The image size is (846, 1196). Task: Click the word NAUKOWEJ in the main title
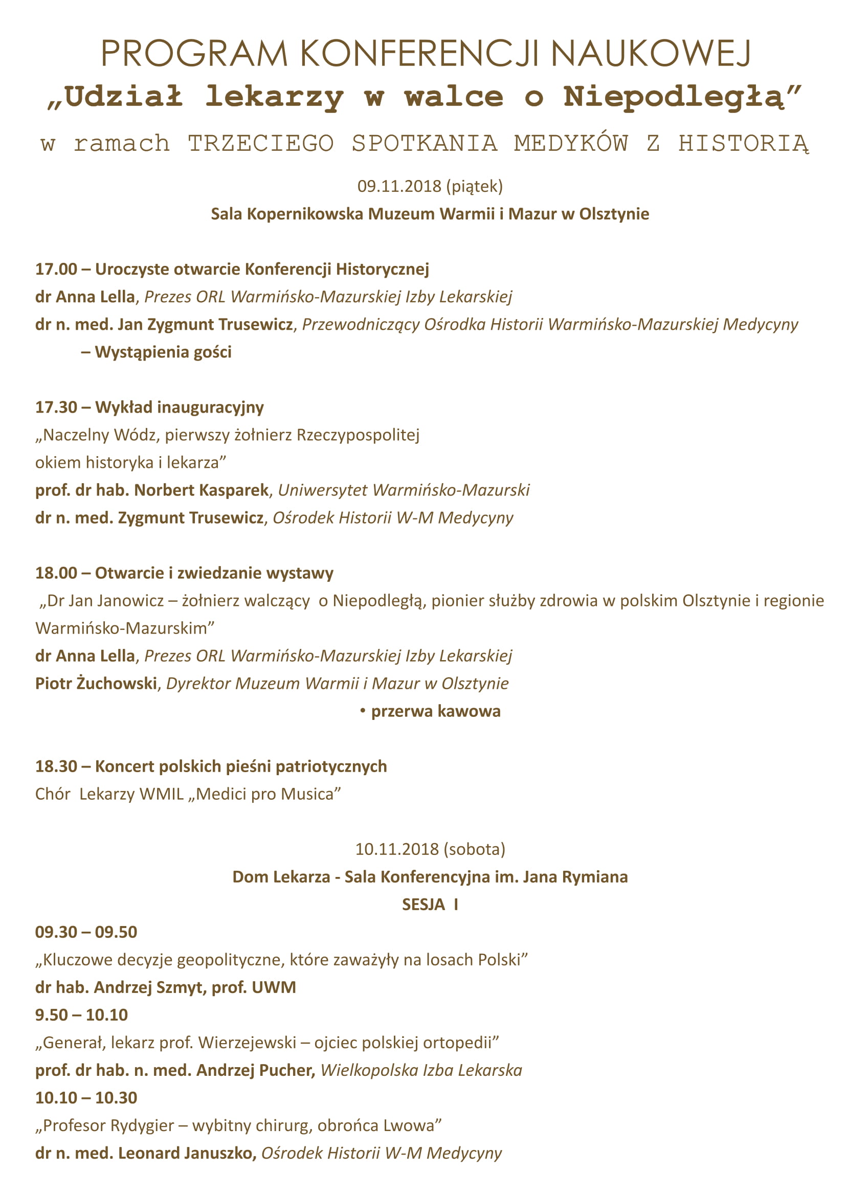(x=651, y=53)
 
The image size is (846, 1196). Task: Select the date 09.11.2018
(x=399, y=186)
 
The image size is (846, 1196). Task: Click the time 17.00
(x=56, y=269)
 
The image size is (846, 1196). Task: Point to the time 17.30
(x=56, y=408)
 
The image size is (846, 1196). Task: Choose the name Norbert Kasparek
(x=202, y=490)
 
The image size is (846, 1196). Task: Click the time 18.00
(x=56, y=573)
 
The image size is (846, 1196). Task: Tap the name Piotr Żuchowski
(x=96, y=684)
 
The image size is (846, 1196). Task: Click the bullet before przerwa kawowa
(x=363, y=711)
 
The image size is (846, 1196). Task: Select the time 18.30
(x=56, y=766)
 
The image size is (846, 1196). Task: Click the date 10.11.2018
(x=397, y=849)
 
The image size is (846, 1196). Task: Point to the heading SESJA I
(x=430, y=905)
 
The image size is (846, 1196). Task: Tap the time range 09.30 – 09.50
(x=86, y=932)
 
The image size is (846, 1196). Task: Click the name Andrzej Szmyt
(x=148, y=987)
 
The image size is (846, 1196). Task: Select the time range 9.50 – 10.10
(x=81, y=1014)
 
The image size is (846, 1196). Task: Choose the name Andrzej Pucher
(x=254, y=1070)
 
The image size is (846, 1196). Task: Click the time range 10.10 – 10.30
(x=86, y=1097)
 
